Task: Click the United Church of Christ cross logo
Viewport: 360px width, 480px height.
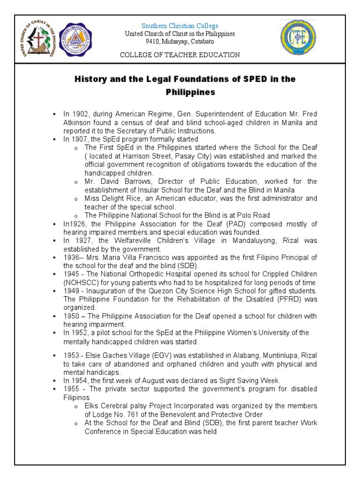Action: point(39,39)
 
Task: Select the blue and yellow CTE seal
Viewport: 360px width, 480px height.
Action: point(298,37)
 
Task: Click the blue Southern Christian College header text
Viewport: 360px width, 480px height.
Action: point(180,26)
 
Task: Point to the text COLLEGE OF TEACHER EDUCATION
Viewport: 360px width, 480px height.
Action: point(180,55)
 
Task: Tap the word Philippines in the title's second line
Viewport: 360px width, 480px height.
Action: point(190,92)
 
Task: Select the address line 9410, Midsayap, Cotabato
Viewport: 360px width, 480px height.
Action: point(180,41)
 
